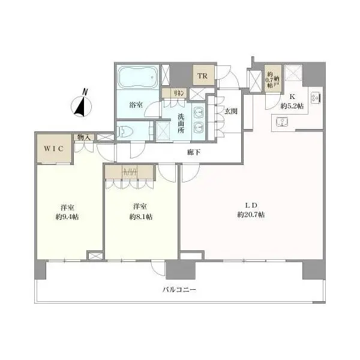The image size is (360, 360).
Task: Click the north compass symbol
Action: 81,104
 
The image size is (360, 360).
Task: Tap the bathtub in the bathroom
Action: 137,77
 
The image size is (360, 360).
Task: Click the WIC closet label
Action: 54,149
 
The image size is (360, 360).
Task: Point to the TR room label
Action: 203,76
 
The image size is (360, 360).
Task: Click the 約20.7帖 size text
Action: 251,215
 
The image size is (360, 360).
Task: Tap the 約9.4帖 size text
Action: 67,217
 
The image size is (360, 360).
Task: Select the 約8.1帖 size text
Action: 141,217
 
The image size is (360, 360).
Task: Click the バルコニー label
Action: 179,290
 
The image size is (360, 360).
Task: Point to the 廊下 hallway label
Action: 194,152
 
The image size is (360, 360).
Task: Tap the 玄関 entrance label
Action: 231,112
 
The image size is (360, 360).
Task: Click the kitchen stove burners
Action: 316,98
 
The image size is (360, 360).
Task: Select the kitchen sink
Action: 282,122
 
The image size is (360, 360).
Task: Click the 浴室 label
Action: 136,105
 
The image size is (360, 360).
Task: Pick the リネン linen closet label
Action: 178,93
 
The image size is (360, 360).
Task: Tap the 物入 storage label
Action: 84,137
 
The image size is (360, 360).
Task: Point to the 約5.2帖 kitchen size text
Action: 292,106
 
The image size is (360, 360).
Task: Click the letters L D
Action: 251,205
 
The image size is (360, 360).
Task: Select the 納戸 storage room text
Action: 277,82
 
